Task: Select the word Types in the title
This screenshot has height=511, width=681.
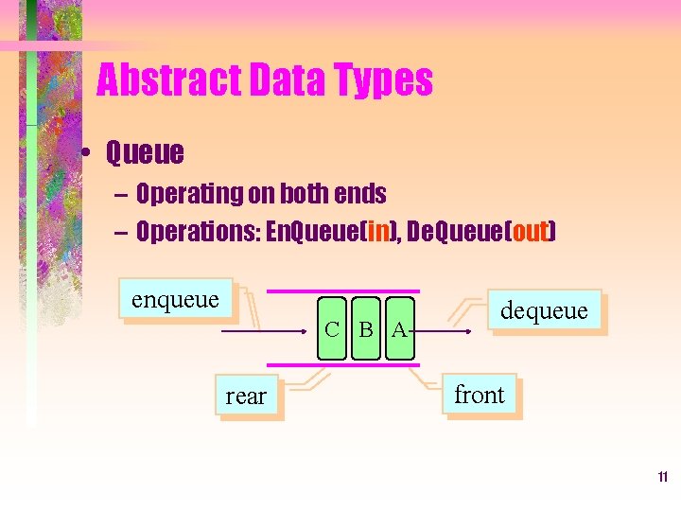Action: coord(382,81)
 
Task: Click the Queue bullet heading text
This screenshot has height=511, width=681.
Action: coord(145,151)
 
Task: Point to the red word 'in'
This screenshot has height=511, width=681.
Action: coord(378,232)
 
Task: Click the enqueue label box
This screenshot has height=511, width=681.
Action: coord(175,300)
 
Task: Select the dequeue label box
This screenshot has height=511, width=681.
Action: coord(544,310)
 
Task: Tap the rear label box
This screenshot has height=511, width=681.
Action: coord(246,396)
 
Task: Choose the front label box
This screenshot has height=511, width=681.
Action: coord(480,394)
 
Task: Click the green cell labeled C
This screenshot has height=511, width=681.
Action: coord(332,330)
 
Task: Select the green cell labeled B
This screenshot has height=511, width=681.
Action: coord(366,330)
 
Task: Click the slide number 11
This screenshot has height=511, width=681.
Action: coord(663,477)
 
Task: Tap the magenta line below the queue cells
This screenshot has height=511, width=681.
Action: coord(330,364)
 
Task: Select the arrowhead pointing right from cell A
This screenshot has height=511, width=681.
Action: coord(467,332)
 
